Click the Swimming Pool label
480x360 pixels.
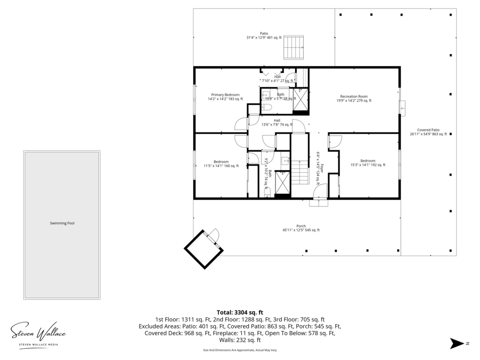point(62,223)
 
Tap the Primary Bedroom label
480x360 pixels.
point(225,95)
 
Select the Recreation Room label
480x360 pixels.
point(354,96)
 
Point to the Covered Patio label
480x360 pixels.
point(428,130)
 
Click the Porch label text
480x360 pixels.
point(301,226)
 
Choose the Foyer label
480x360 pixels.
point(322,168)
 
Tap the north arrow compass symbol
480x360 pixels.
point(457,343)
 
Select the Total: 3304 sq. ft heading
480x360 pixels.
point(240,312)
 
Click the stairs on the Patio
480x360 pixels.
point(294,47)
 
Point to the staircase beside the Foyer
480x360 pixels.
point(300,172)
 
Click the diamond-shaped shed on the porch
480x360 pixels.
point(204,249)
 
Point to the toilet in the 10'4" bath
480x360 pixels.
point(267,107)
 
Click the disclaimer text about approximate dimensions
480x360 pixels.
point(240,350)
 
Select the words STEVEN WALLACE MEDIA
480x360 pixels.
point(39,345)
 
